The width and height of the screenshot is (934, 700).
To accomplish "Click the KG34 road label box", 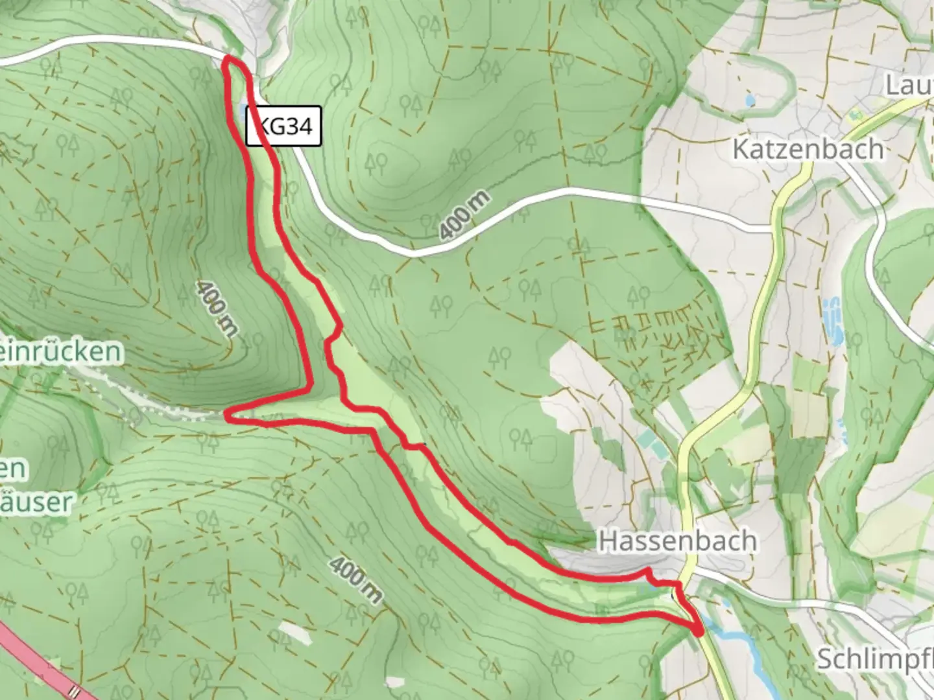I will [283, 126].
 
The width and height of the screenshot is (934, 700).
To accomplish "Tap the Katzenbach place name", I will [808, 149].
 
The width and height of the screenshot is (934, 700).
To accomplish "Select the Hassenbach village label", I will [677, 541].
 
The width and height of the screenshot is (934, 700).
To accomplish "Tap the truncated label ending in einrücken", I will [61, 351].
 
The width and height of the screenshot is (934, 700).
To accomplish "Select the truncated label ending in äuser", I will [36, 501].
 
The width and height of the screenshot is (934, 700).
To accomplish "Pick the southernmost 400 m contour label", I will [355, 579].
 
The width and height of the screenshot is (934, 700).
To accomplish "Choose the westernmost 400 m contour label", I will [216, 309].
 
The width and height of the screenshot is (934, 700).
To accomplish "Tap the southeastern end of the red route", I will [699, 630].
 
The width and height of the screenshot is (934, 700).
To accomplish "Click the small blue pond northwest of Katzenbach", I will [750, 100].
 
